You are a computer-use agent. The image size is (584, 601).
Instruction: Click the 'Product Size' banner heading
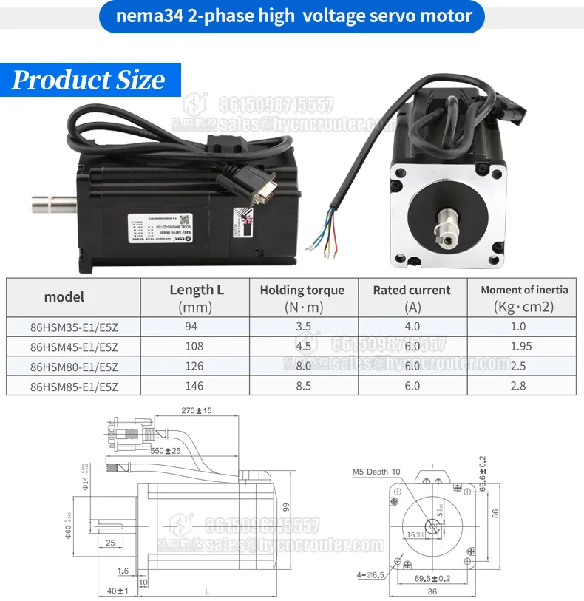pos(88,80)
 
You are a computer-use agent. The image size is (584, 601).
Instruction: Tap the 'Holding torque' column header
pos(302,291)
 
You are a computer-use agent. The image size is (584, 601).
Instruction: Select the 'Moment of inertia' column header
pos(524,290)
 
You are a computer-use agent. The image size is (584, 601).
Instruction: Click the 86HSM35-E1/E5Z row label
pos(74,327)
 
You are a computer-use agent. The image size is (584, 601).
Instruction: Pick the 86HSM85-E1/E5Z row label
pos(74,385)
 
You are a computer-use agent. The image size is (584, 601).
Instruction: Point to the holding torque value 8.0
pos(302,366)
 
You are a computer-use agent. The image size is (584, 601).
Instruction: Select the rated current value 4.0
pos(412,327)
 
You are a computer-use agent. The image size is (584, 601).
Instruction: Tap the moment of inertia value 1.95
pos(518,346)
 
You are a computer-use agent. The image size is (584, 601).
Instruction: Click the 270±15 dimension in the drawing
pos(195,410)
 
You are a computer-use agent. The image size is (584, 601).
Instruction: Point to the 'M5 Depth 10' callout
pos(376,471)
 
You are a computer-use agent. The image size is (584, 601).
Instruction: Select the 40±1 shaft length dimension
pos(118,591)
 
